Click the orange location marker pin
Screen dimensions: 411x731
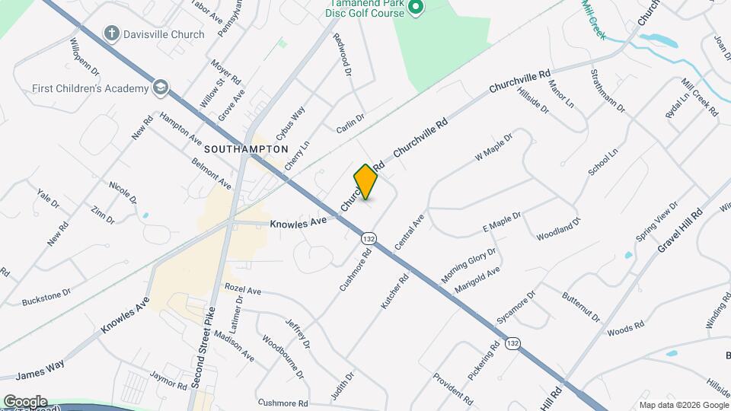[x=366, y=181]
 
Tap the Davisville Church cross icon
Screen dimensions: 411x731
[x=111, y=34]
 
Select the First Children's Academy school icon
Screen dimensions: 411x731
[x=160, y=88]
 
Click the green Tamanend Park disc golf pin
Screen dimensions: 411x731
[x=415, y=8]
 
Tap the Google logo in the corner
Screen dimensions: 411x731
[x=25, y=401]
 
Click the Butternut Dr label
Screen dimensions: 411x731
[x=582, y=306]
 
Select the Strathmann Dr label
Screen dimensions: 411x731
[x=608, y=91]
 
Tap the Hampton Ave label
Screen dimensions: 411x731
[x=181, y=129]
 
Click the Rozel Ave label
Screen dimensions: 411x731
[x=243, y=291]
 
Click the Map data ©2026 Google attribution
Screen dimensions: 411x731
[x=683, y=405]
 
